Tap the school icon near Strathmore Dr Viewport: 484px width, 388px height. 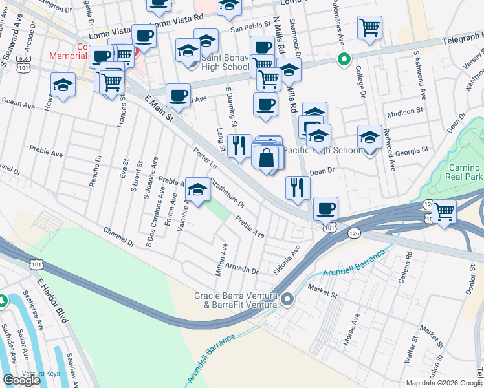pyautogui.click(x=199, y=189)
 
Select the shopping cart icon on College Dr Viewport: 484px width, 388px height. pyautogui.click(x=369, y=28)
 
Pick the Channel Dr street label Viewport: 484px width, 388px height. pyautogui.click(x=119, y=236)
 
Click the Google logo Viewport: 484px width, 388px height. pyautogui.click(x=21, y=380)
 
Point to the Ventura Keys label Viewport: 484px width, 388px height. pyautogui.click(x=25, y=373)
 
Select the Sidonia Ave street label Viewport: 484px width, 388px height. pyautogui.click(x=287, y=259)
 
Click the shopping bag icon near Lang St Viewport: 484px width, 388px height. pyautogui.click(x=267, y=156)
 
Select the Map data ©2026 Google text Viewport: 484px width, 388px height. pyautogui.click(x=443, y=382)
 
